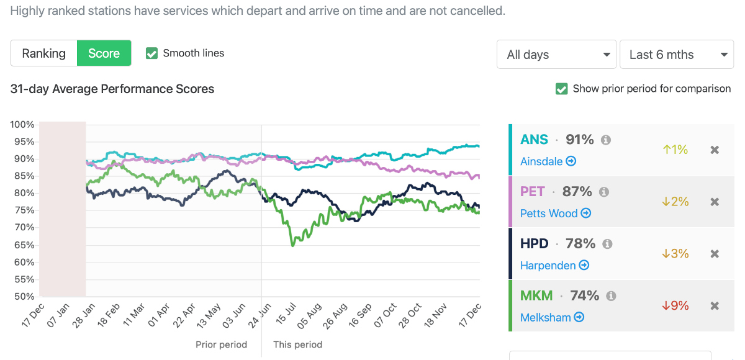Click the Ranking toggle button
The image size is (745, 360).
click(x=43, y=53)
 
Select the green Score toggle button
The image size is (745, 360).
click(x=104, y=53)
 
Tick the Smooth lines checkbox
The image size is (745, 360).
click(x=151, y=53)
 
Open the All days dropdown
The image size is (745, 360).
click(x=556, y=55)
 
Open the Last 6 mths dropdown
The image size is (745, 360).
click(x=677, y=55)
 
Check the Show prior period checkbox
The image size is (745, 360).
click(x=561, y=89)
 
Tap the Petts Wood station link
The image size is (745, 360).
click(x=555, y=214)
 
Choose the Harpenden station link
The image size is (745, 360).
click(x=554, y=265)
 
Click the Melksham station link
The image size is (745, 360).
click(x=552, y=317)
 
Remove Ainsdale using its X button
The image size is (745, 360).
click(x=715, y=150)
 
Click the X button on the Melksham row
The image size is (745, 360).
click(x=715, y=305)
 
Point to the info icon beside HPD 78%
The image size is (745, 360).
click(x=607, y=244)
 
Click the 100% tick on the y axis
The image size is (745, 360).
click(x=22, y=125)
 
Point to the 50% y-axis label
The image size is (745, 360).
click(x=22, y=297)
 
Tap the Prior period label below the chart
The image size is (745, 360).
click(x=221, y=344)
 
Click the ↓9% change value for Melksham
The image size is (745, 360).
click(x=675, y=305)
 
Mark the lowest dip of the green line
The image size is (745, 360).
click(x=293, y=245)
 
